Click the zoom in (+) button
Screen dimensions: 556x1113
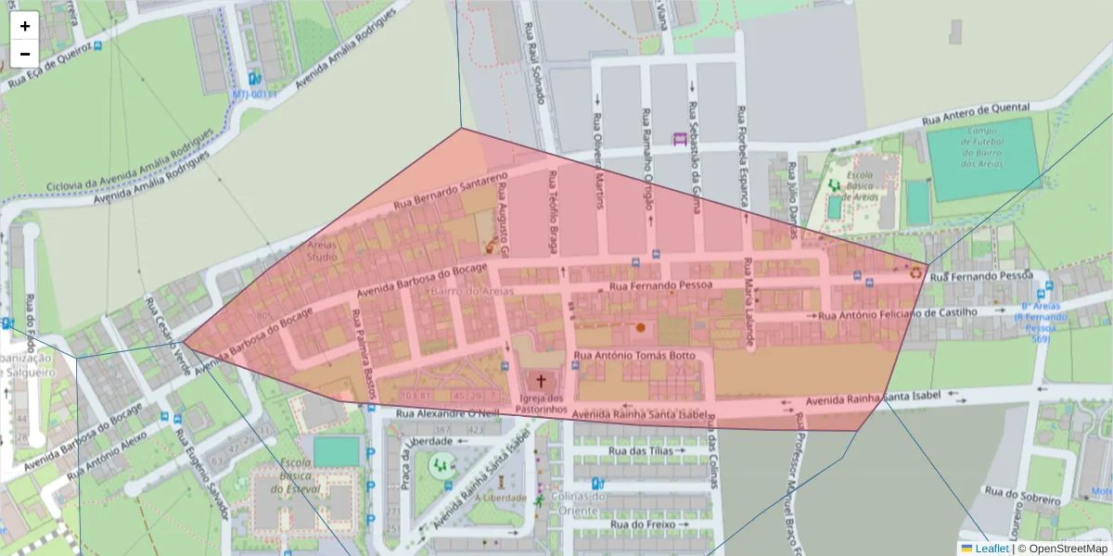pos(25,26)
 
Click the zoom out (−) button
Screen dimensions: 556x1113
pos(25,54)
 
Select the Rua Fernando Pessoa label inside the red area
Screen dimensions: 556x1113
pos(659,285)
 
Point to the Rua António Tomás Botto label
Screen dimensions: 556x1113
pos(633,355)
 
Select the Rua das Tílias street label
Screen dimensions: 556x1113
pos(640,450)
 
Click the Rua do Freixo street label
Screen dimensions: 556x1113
pos(640,524)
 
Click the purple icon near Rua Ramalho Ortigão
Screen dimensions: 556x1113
pos(679,139)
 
